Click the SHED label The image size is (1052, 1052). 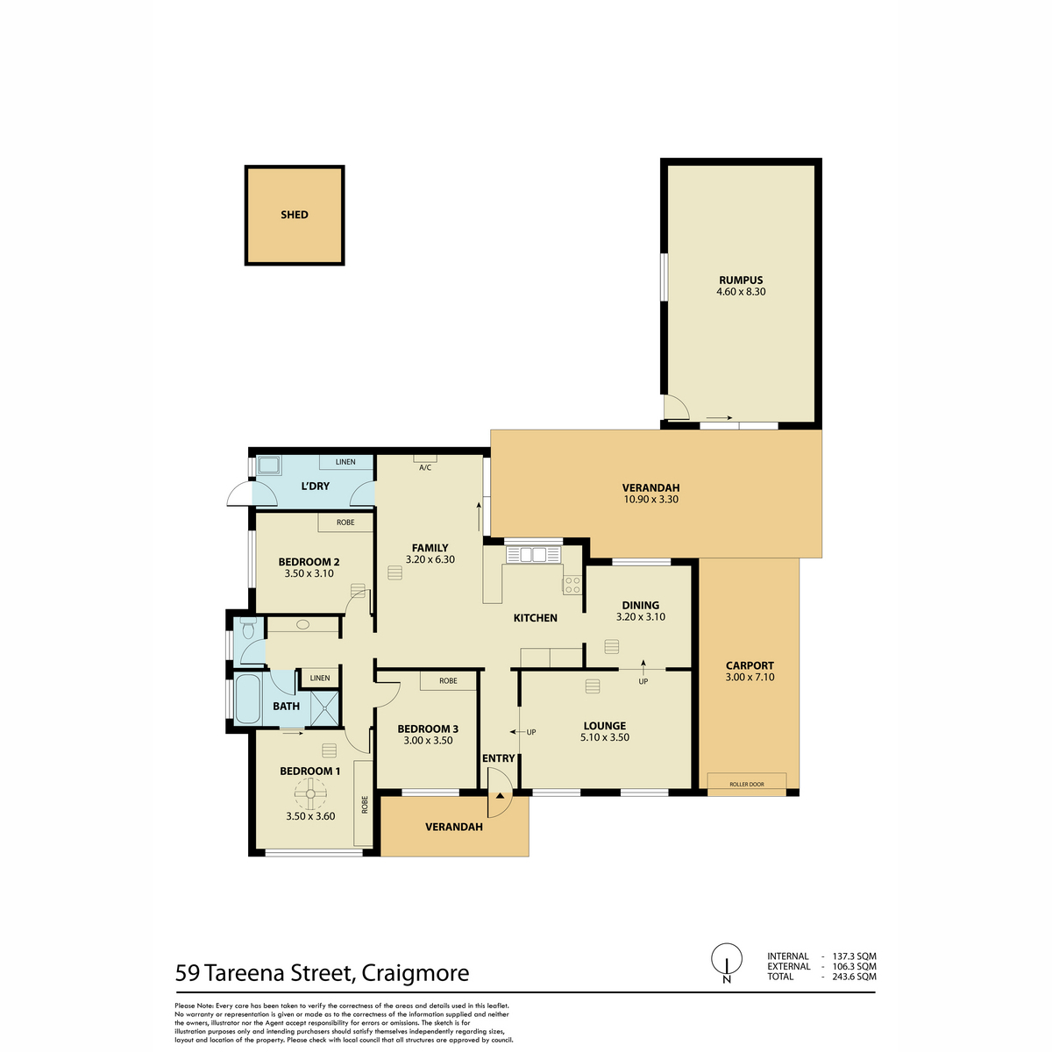pyautogui.click(x=295, y=215)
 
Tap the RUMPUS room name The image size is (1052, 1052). pyautogui.click(x=741, y=280)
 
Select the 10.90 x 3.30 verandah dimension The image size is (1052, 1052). pyautogui.click(x=650, y=499)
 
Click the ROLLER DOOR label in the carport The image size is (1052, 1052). pyautogui.click(x=747, y=785)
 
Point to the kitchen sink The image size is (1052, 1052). pyautogui.click(x=533, y=555)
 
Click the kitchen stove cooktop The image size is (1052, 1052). pyautogui.click(x=572, y=586)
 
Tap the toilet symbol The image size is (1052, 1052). pyautogui.click(x=248, y=628)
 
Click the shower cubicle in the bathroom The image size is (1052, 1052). pyautogui.click(x=325, y=708)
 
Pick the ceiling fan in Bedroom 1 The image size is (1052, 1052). pyautogui.click(x=310, y=793)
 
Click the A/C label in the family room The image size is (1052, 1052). pyautogui.click(x=425, y=467)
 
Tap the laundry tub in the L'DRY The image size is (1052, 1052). pyautogui.click(x=268, y=466)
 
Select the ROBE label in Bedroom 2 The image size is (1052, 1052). pyautogui.click(x=345, y=522)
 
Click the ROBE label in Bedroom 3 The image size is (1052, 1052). pyautogui.click(x=448, y=681)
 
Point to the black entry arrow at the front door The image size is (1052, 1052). pyautogui.click(x=500, y=796)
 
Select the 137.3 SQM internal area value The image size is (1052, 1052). pyautogui.click(x=855, y=956)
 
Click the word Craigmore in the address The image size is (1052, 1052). pyautogui.click(x=416, y=973)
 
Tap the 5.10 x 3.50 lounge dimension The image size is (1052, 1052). pyautogui.click(x=604, y=737)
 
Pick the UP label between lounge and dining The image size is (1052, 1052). pyautogui.click(x=643, y=681)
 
